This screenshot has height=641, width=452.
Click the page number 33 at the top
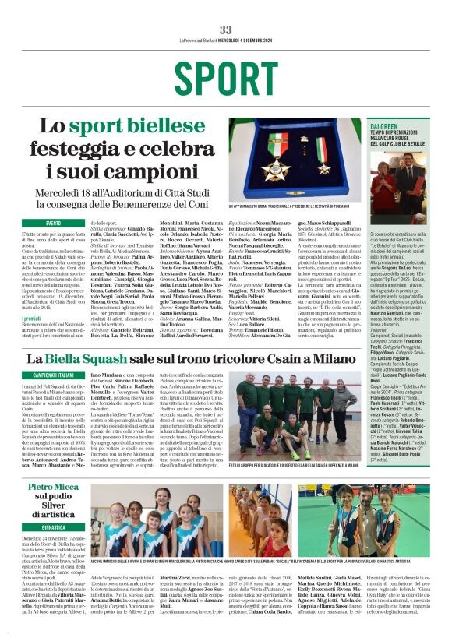[x=225, y=29]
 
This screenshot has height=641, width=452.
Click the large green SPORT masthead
[x=225, y=77]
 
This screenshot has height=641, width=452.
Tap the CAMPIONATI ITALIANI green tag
[x=53, y=375]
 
